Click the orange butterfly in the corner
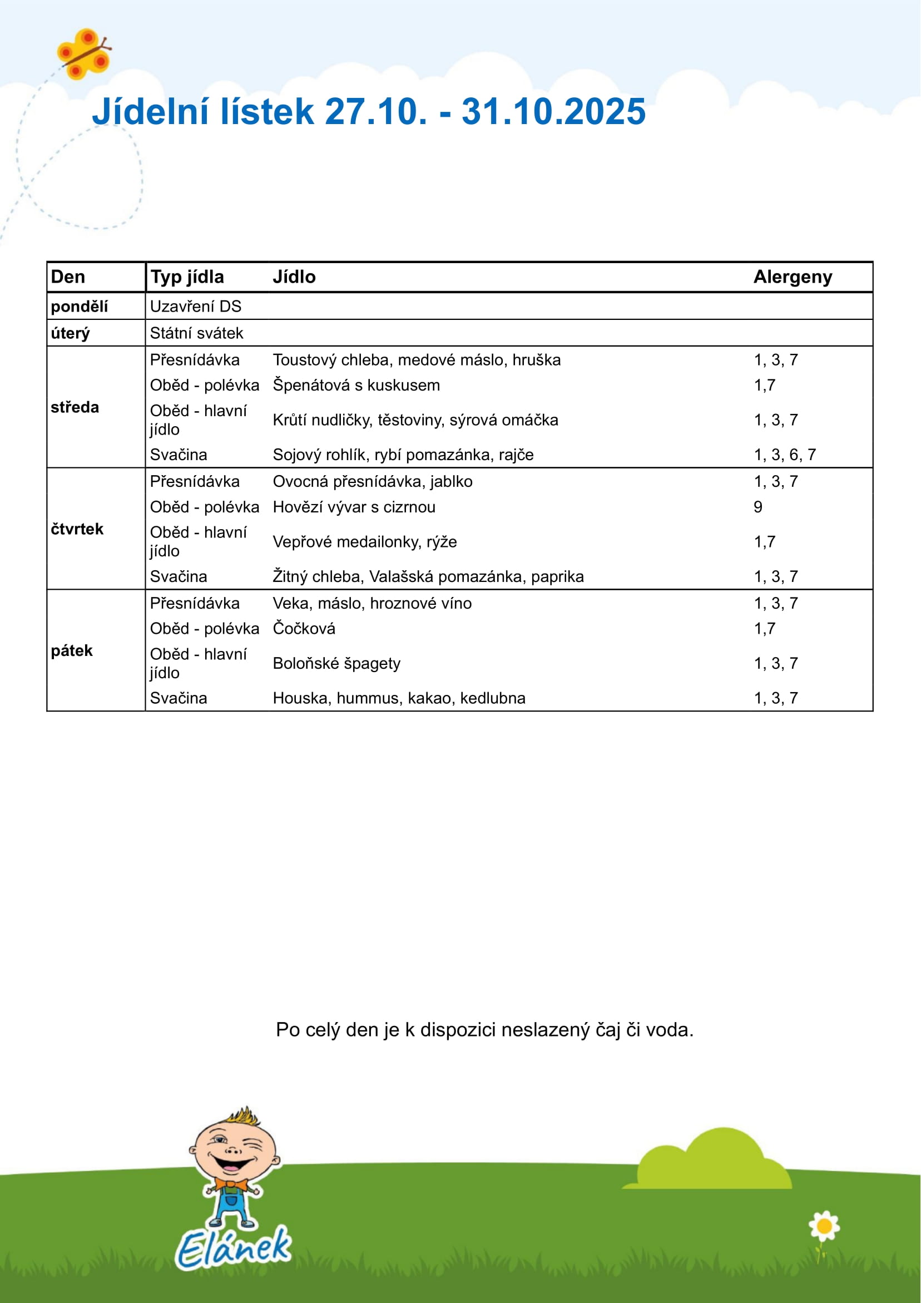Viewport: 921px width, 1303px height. click(84, 54)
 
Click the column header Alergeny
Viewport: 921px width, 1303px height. click(792, 277)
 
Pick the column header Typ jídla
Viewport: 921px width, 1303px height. click(187, 277)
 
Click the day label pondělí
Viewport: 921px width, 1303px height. click(79, 307)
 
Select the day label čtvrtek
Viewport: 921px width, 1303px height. click(77, 529)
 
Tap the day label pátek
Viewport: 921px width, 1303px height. click(72, 650)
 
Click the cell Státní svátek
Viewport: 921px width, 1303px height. click(196, 333)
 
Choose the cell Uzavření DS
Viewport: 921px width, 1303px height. click(195, 307)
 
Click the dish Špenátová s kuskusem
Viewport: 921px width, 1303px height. click(356, 386)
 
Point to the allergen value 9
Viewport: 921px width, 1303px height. click(757, 507)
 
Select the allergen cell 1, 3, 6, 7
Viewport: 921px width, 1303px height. click(784, 455)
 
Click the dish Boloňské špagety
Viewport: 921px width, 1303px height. click(336, 663)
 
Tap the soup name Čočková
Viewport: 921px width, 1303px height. click(304, 629)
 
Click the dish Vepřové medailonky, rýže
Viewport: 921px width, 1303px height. click(364, 542)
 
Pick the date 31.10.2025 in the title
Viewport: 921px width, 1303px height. click(553, 111)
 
